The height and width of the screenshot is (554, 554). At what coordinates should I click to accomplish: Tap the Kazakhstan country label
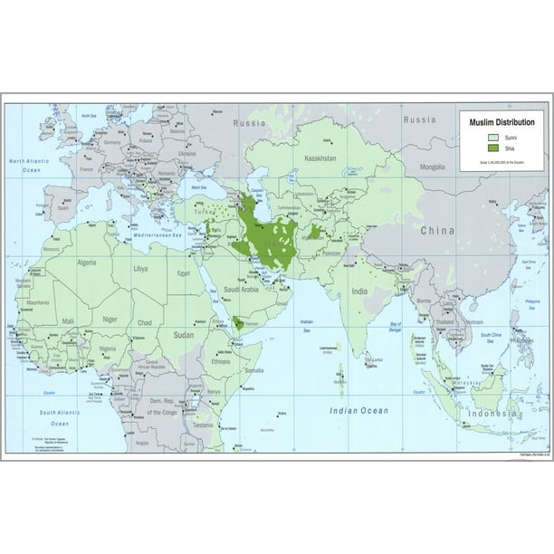pos(320,158)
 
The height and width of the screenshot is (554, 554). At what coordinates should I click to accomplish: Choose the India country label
pos(359,291)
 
